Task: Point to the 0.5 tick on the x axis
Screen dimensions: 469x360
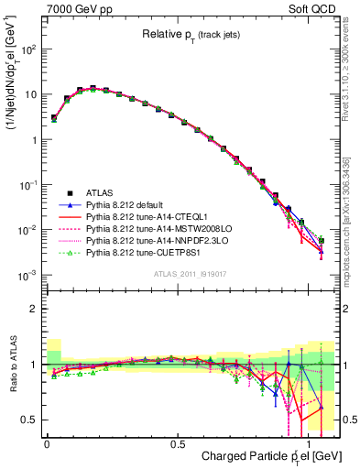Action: (177, 442)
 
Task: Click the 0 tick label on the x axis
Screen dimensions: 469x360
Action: (47, 442)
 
